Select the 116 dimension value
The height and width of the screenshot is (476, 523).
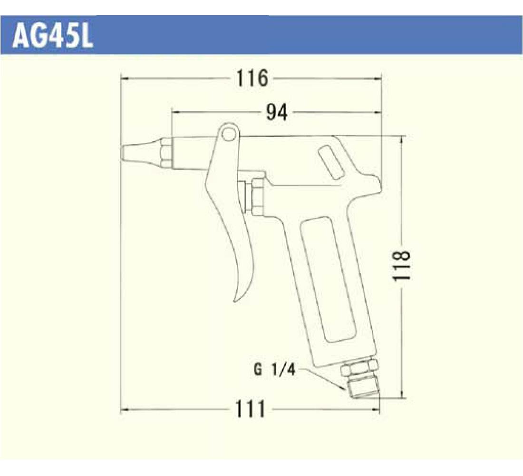252,78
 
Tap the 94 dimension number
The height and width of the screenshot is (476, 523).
277,112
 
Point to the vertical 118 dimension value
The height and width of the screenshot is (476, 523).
401,266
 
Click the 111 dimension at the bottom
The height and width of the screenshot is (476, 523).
250,409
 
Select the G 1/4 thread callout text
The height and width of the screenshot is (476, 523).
274,370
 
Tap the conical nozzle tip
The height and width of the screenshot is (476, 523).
141,153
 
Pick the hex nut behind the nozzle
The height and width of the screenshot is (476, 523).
166,153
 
